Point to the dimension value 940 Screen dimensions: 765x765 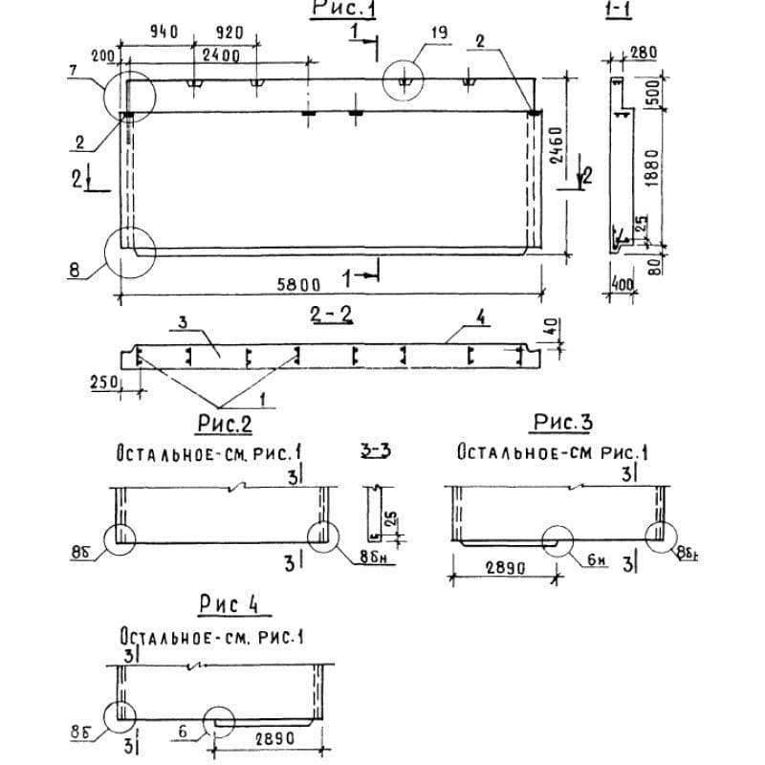coord(165,33)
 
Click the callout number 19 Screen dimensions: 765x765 coord(439,33)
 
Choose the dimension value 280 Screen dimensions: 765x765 coord(644,51)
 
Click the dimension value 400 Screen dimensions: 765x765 coord(624,285)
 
